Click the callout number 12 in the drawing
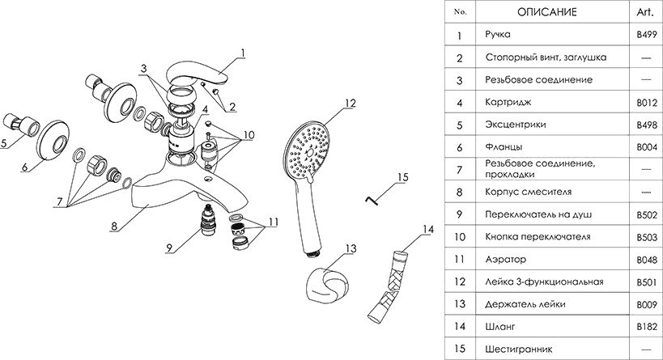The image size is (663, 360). pyautogui.click(x=349, y=103)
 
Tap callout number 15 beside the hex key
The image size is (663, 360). pyautogui.click(x=403, y=176)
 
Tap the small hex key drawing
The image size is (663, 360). pyautogui.click(x=369, y=197)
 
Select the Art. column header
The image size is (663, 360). pyautogui.click(x=645, y=13)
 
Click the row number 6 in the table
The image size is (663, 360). pyautogui.click(x=459, y=147)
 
